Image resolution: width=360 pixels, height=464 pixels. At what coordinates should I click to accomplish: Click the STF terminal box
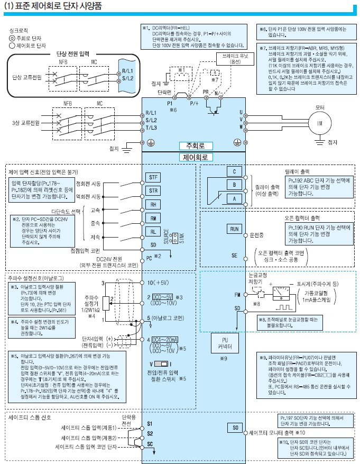click(x=153, y=177)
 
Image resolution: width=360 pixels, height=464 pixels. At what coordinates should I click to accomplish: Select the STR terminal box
click(x=153, y=190)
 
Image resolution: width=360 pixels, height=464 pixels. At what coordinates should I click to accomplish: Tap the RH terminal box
click(x=153, y=204)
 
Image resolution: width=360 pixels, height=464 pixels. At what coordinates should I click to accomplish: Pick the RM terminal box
click(x=153, y=217)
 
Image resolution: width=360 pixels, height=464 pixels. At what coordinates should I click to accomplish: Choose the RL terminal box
click(x=153, y=231)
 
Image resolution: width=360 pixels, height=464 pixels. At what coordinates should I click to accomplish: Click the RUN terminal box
click(x=234, y=229)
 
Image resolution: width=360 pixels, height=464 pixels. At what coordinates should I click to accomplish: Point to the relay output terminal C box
click(x=234, y=171)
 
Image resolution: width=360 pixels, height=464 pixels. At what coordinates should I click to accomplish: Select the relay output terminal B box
click(x=234, y=185)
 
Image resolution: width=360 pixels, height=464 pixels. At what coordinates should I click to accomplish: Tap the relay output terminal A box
click(x=234, y=198)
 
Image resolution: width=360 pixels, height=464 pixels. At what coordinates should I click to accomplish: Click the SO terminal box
click(x=234, y=427)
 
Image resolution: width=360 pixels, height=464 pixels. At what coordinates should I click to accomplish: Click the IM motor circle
click(x=319, y=123)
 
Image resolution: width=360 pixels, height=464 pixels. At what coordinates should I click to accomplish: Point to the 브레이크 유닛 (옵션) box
click(x=232, y=58)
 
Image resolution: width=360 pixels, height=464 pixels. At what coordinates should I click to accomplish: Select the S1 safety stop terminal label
click(x=150, y=424)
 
